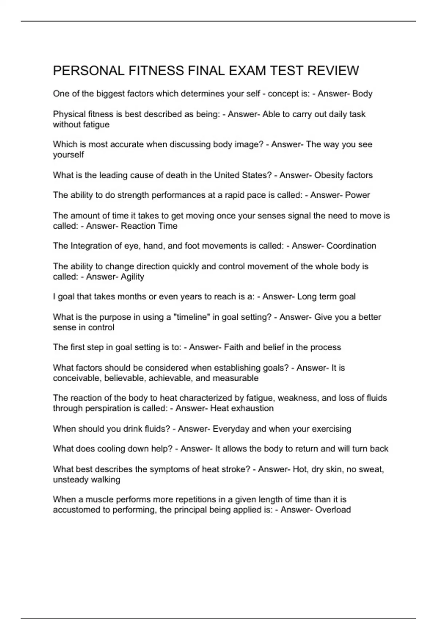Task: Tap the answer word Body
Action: pyautogui.click(x=362, y=94)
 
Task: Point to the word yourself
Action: pyautogui.click(x=68, y=155)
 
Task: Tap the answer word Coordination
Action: pyautogui.click(x=351, y=246)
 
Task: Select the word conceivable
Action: pyautogui.click(x=76, y=378)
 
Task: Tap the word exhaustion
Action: pyautogui.click(x=253, y=409)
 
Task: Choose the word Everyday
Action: pyautogui.click(x=231, y=429)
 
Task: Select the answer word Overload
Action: pyautogui.click(x=333, y=510)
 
